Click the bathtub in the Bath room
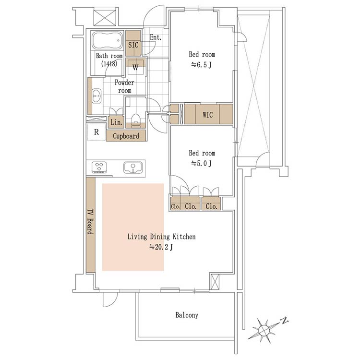tap(108, 40)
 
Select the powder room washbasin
tap(96, 96)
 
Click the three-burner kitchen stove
tap(99, 167)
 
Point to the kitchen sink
tap(132, 168)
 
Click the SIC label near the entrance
tap(133, 45)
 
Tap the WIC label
tap(207, 115)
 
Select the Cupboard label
tap(126, 136)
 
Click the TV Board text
tap(90, 222)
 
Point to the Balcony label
tap(187, 315)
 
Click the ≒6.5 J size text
tap(201, 65)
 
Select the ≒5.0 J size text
tap(201, 163)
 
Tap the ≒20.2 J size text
tap(161, 247)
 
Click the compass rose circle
tap(264, 330)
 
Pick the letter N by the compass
tap(285, 321)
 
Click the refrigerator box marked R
tap(96, 132)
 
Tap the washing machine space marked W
tap(135, 67)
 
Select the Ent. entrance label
tap(156, 37)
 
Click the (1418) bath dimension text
tap(109, 63)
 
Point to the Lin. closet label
tap(117, 122)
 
